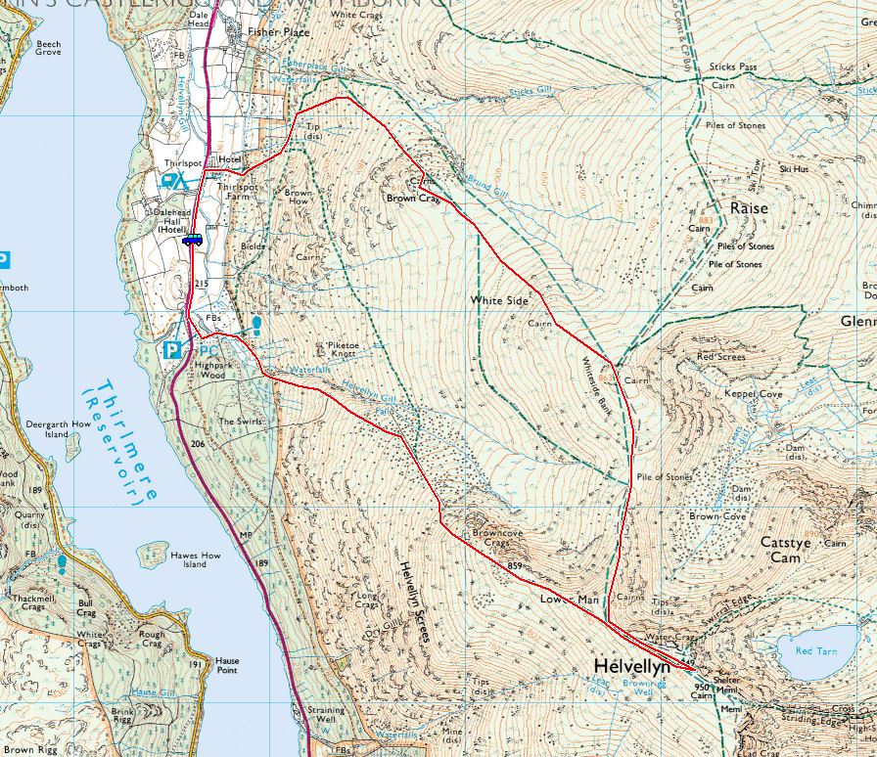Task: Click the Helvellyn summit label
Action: click(x=631, y=666)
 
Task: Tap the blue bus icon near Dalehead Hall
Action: click(x=192, y=239)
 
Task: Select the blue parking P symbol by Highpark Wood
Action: click(x=172, y=349)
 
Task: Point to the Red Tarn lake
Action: click(x=815, y=650)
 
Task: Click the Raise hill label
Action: click(x=749, y=208)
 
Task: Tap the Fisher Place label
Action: click(x=278, y=32)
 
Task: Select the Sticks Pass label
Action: click(x=733, y=67)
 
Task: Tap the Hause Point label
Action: click(x=227, y=666)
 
